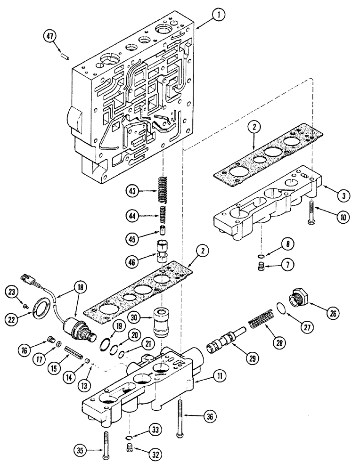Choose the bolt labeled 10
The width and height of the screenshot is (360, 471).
tap(311, 211)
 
